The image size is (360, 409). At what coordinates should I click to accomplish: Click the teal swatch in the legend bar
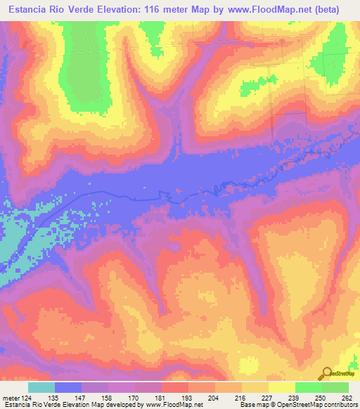41,387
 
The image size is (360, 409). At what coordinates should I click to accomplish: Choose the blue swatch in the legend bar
68,387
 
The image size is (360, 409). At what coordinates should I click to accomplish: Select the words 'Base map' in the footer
252,405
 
